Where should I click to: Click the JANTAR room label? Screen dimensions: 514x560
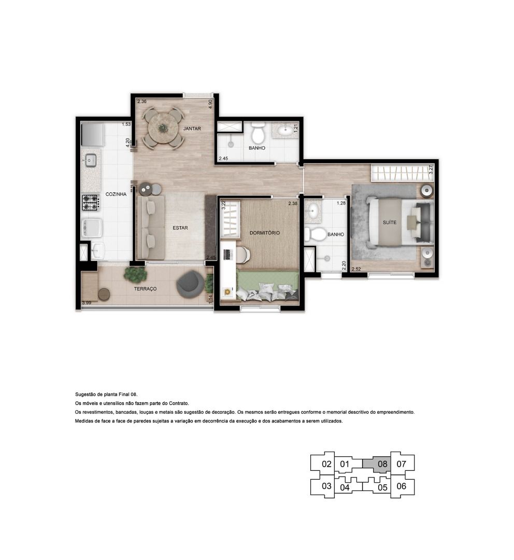pyautogui.click(x=192, y=129)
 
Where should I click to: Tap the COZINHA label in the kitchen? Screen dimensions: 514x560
pyautogui.click(x=116, y=194)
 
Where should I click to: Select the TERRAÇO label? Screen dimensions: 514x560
pyautogui.click(x=145, y=289)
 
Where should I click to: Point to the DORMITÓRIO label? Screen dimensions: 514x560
pyautogui.click(x=264, y=233)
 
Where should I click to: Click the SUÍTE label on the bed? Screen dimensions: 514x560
pyautogui.click(x=390, y=222)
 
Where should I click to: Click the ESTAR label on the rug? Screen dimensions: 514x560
pyautogui.click(x=180, y=228)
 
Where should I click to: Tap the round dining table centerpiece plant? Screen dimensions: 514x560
pyautogui.click(x=163, y=128)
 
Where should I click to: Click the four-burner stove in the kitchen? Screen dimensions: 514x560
pyautogui.click(x=91, y=202)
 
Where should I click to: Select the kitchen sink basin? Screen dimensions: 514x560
pyautogui.click(x=90, y=160)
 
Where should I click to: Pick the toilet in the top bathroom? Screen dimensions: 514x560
pyautogui.click(x=258, y=133)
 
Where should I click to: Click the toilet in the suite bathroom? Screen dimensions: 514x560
pyautogui.click(x=315, y=235)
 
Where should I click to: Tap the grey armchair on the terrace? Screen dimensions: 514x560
pyautogui.click(x=190, y=284)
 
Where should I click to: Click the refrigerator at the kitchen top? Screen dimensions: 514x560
pyautogui.click(x=92, y=134)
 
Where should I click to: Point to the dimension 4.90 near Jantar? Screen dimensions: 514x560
pyautogui.click(x=210, y=104)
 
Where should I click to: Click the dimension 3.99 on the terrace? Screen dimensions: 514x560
pyautogui.click(x=87, y=303)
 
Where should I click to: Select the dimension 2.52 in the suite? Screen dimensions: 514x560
pyautogui.click(x=356, y=269)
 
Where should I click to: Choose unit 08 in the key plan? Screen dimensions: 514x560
pyautogui.click(x=382, y=464)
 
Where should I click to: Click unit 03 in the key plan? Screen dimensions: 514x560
pyautogui.click(x=326, y=486)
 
